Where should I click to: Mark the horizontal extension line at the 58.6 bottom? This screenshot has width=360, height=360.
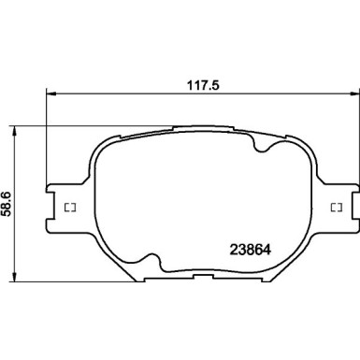(56, 279)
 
